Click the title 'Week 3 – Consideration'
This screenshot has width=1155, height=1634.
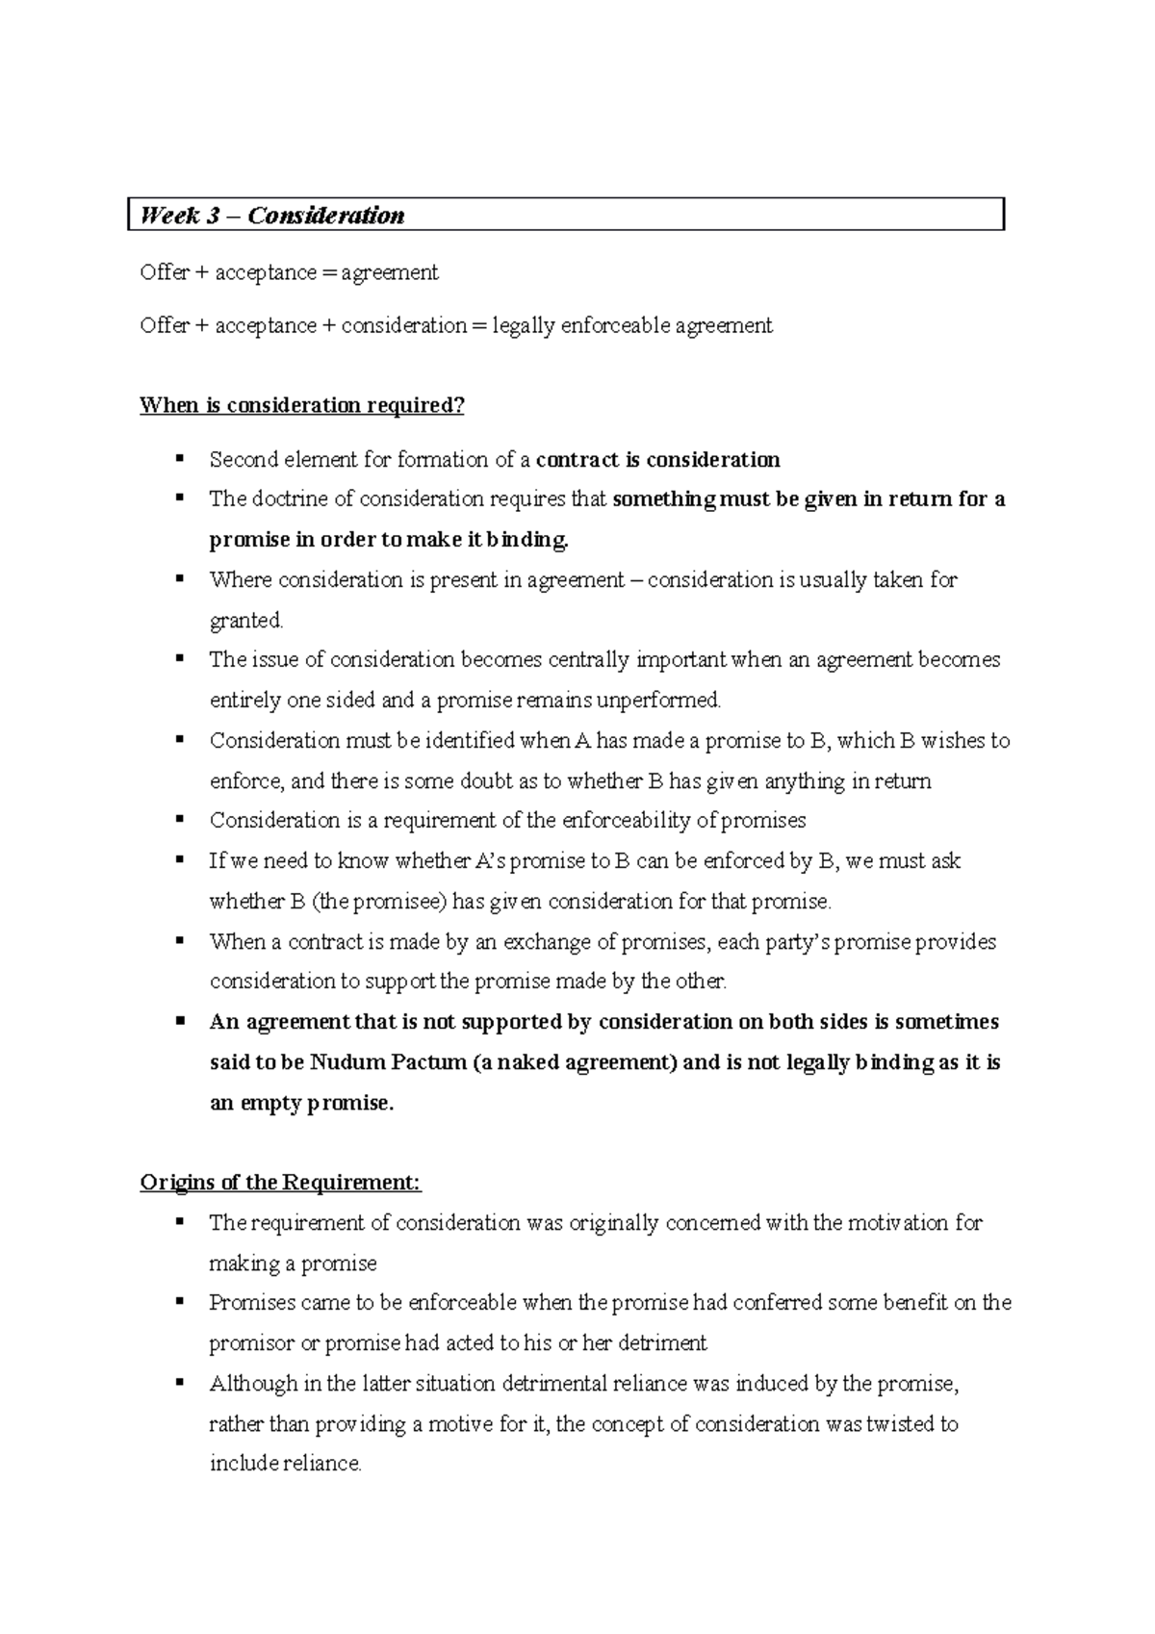click(x=271, y=216)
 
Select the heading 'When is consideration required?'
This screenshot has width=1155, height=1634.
click(x=301, y=405)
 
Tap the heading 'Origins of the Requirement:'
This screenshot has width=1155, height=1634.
click(x=280, y=1182)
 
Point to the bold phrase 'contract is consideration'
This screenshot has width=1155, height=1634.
click(x=657, y=460)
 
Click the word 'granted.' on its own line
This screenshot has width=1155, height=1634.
click(x=246, y=621)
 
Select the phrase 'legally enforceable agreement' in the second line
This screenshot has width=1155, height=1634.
click(x=632, y=326)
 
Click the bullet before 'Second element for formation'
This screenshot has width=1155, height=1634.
click(x=179, y=459)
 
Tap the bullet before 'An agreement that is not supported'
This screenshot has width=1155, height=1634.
click(x=179, y=1021)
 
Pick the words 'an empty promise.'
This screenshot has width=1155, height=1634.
click(x=301, y=1103)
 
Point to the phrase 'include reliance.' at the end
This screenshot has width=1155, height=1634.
click(x=285, y=1464)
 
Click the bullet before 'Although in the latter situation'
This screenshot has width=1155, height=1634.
click(x=179, y=1383)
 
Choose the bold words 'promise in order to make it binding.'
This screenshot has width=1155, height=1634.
click(x=389, y=540)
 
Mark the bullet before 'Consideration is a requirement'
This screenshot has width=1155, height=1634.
click(x=179, y=820)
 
